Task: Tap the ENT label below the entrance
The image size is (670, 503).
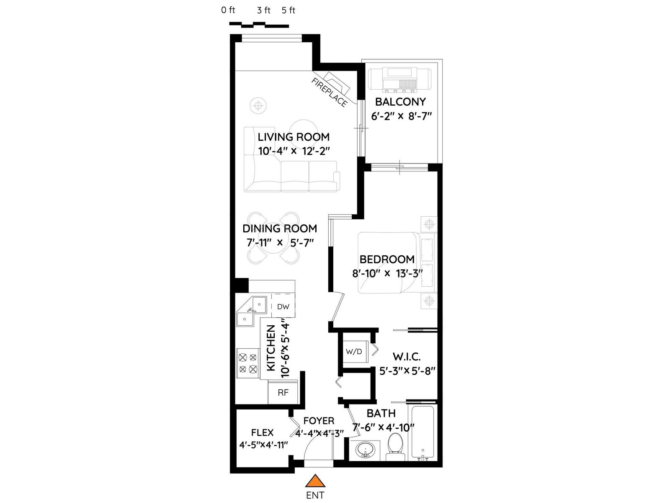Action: pyautogui.click(x=315, y=495)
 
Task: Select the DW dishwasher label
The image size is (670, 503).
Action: pyautogui.click(x=283, y=307)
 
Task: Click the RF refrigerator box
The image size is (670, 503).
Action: pyautogui.click(x=283, y=392)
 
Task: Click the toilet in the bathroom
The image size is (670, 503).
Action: pyautogui.click(x=395, y=447)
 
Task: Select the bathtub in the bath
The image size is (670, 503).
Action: pyautogui.click(x=423, y=433)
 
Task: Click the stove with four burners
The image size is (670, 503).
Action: pyautogui.click(x=248, y=363)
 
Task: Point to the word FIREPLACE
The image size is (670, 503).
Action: pyautogui.click(x=330, y=92)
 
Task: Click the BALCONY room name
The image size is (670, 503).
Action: pyautogui.click(x=400, y=102)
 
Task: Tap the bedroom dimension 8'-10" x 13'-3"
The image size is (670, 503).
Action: pyautogui.click(x=387, y=273)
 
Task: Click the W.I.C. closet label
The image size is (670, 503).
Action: pyautogui.click(x=407, y=356)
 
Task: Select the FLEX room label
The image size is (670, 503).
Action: pyautogui.click(x=262, y=433)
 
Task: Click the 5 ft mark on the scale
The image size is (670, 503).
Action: pyautogui.click(x=289, y=10)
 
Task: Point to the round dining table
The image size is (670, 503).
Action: pyautogui.click(x=273, y=238)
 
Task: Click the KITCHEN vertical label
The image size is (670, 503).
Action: pyautogui.click(x=271, y=348)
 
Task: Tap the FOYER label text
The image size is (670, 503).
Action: pyautogui.click(x=319, y=421)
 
